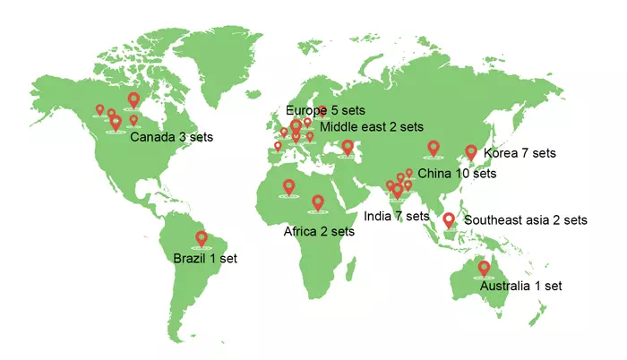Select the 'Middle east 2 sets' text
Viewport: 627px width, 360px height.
pyautogui.click(x=372, y=127)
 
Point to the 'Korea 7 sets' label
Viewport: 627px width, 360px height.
pyautogui.click(x=520, y=153)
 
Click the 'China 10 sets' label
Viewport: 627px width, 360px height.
pyautogui.click(x=457, y=174)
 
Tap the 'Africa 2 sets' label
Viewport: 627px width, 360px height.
pyautogui.click(x=319, y=231)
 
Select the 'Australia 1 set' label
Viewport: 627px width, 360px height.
pyautogui.click(x=521, y=287)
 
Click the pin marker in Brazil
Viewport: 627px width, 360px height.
pyautogui.click(x=202, y=239)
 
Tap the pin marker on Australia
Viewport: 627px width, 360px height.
pyautogui.click(x=485, y=268)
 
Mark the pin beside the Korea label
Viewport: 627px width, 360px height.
pyautogui.click(x=471, y=153)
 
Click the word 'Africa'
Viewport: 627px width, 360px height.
pyautogui.click(x=301, y=231)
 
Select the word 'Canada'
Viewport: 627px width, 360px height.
pyautogui.click(x=153, y=138)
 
